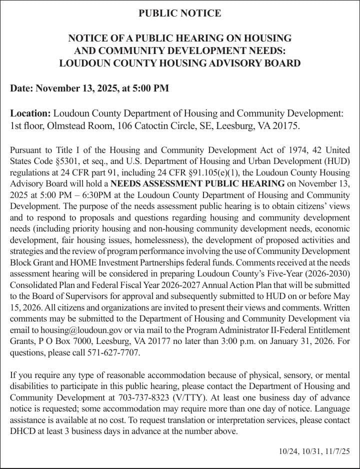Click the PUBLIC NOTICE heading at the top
(x=179, y=13)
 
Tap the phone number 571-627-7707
(x=116, y=353)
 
